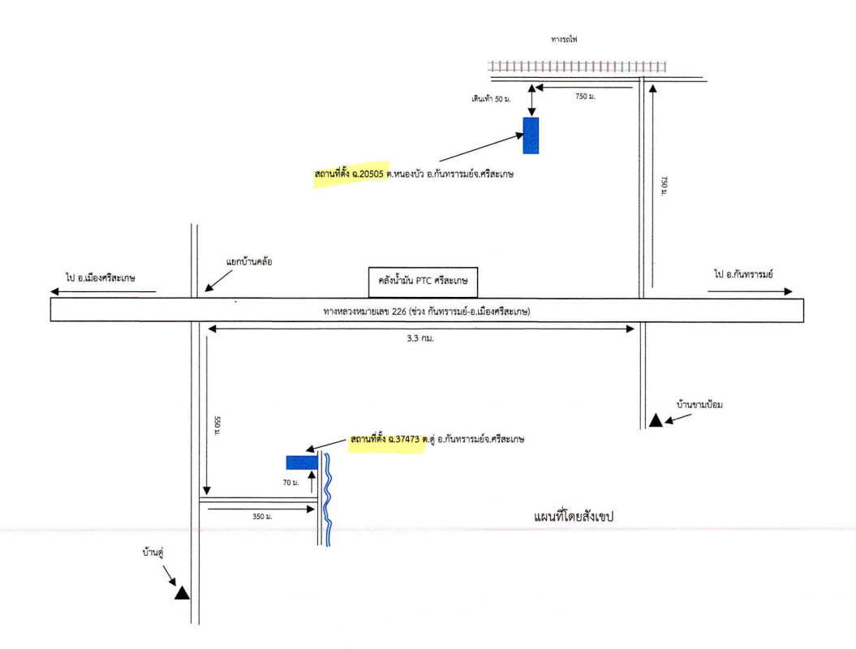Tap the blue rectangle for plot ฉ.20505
pos(531,135)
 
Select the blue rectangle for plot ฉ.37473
pos(301,462)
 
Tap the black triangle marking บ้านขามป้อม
pos(655,420)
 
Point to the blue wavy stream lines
pos(327,499)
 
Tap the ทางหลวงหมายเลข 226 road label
pos(426,311)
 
